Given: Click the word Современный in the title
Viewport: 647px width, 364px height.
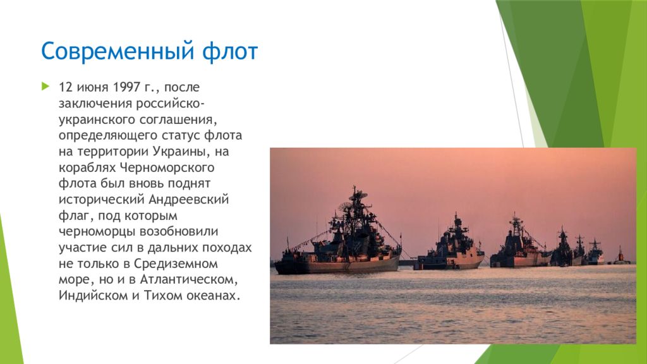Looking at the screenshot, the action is click(x=118, y=51).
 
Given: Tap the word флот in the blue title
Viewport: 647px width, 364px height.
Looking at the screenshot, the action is click(x=230, y=51).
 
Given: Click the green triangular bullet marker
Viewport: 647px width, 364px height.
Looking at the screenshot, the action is click(x=45, y=86).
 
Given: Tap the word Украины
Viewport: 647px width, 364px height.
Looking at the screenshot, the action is click(x=182, y=152).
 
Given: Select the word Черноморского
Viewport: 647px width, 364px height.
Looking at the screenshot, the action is click(x=167, y=167).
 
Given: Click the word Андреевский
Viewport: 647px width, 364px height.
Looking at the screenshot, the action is click(x=188, y=200).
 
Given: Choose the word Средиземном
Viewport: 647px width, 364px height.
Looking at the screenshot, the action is click(x=176, y=264).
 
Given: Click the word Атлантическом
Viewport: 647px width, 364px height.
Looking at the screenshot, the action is click(x=189, y=280).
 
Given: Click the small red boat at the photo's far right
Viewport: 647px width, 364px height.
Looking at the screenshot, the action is click(x=620, y=258).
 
